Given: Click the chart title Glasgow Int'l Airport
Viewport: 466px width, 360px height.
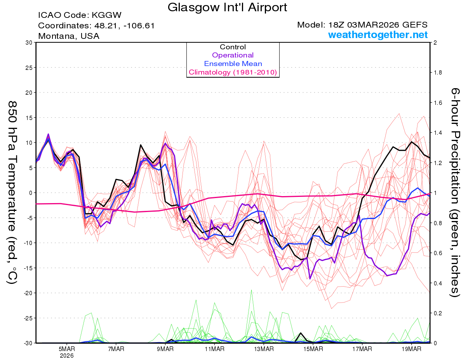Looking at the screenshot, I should [x=228, y=7].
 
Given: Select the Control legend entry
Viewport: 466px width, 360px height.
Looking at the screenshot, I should [x=233, y=47].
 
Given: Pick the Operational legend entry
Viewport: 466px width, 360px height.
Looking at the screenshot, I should [x=233, y=55].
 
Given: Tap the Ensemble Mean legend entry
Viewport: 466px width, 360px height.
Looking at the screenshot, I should [x=233, y=64].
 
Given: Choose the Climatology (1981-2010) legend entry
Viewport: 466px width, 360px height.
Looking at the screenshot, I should [x=233, y=72].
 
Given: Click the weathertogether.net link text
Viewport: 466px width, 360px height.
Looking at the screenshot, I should [x=378, y=35].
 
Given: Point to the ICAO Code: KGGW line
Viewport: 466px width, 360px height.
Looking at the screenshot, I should [x=80, y=16].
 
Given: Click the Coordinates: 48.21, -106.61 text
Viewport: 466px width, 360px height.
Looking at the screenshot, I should [x=96, y=26].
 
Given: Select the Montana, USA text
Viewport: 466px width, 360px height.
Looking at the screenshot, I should [x=69, y=36].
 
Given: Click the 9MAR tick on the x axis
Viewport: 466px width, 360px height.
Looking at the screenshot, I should [x=165, y=349].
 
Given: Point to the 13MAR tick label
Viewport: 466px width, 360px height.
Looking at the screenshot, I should [x=263, y=349].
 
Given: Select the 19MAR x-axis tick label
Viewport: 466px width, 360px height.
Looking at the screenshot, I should [x=411, y=349].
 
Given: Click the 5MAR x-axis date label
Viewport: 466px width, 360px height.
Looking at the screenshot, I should [x=67, y=349].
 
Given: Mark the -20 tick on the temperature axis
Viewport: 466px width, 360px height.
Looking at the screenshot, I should [x=28, y=293].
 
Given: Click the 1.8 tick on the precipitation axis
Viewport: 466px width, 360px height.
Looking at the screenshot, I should [x=437, y=73].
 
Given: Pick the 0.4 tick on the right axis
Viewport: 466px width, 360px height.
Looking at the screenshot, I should [x=437, y=283].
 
